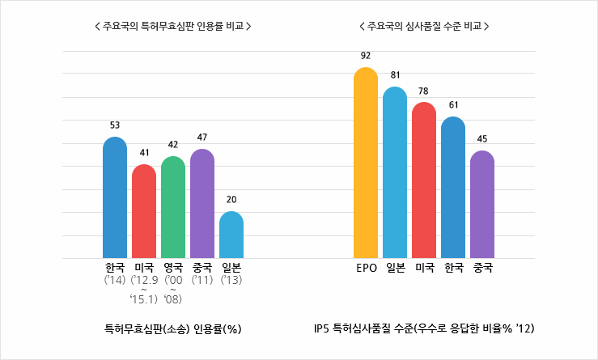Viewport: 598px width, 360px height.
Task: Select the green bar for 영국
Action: pyautogui.click(x=173, y=208)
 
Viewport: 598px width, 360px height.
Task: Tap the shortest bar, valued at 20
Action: pyautogui.click(x=231, y=235)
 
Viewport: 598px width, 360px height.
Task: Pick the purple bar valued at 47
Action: pyautogui.click(x=202, y=204)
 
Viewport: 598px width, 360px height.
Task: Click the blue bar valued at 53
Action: pyautogui.click(x=115, y=198)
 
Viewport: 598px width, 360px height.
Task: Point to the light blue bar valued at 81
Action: pyautogui.click(x=395, y=173)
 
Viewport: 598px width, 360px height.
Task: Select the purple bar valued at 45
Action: pyautogui.click(x=482, y=205)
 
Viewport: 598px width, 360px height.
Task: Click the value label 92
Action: pyautogui.click(x=366, y=56)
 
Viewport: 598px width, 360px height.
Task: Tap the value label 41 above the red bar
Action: pyautogui.click(x=144, y=152)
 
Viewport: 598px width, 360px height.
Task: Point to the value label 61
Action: pyautogui.click(x=453, y=105)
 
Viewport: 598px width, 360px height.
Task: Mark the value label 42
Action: pyautogui.click(x=173, y=144)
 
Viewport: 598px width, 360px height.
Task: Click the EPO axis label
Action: pyautogui.click(x=366, y=268)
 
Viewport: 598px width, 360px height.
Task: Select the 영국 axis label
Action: pyautogui.click(x=173, y=268)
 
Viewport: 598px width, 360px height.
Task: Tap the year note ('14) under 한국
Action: pyautogui.click(x=115, y=280)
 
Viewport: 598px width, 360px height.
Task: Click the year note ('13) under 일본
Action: pyautogui.click(x=231, y=280)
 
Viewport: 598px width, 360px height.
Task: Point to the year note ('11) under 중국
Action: pyautogui.click(x=202, y=280)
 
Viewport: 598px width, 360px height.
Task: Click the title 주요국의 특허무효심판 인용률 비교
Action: pyautogui.click(x=172, y=26)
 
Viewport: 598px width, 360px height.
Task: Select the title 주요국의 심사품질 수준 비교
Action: pyautogui.click(x=424, y=26)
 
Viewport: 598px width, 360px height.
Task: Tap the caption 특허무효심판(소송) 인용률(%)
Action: pyautogui.click(x=173, y=329)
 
